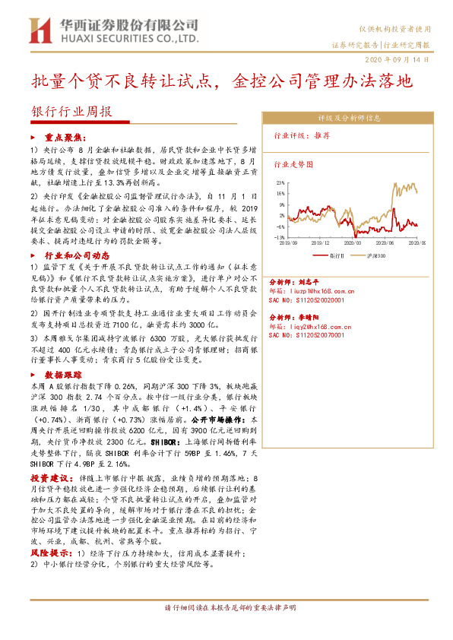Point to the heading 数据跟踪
pyautogui.click(x=63, y=375)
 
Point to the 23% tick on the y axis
pyautogui.click(x=280, y=183)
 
